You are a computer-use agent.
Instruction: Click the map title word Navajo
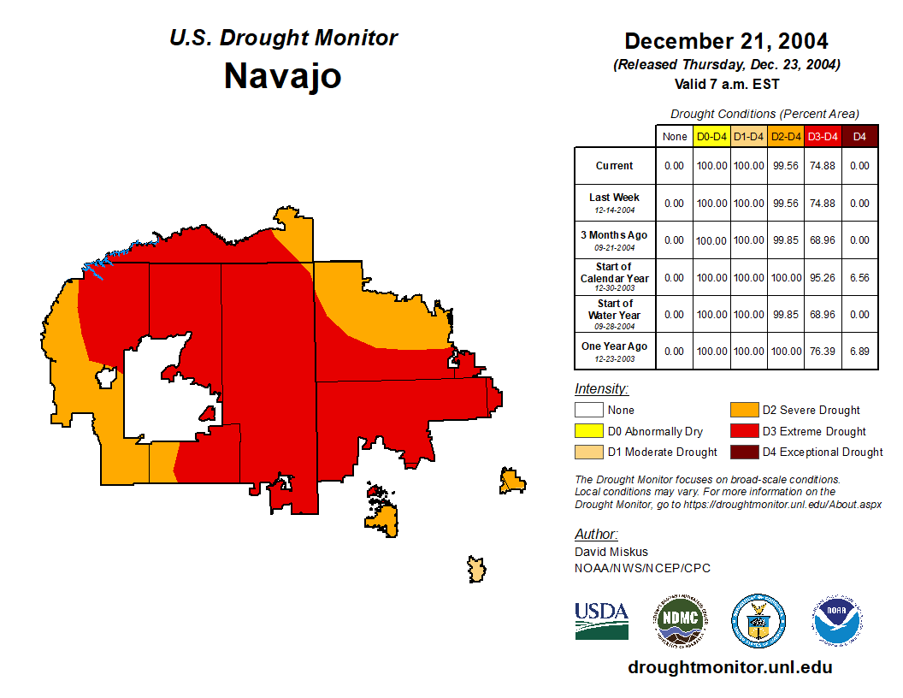pyautogui.click(x=282, y=76)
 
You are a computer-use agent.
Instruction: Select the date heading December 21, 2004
pyautogui.click(x=726, y=41)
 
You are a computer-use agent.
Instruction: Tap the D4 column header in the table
pyautogui.click(x=859, y=137)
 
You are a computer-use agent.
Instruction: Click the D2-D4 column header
pyautogui.click(x=785, y=137)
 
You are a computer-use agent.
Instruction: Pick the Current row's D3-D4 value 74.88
pyautogui.click(x=823, y=166)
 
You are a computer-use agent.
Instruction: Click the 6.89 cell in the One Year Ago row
pyautogui.click(x=859, y=352)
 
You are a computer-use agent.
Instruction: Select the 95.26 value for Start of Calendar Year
pyautogui.click(x=823, y=277)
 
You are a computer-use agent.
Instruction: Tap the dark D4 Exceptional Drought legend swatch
pyautogui.click(x=743, y=452)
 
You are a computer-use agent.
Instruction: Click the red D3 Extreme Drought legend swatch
pyautogui.click(x=743, y=431)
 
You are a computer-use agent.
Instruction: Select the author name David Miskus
pyautogui.click(x=611, y=552)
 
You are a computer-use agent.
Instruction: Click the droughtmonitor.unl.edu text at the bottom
pyautogui.click(x=729, y=667)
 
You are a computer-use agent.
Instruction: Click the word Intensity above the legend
pyautogui.click(x=601, y=389)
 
